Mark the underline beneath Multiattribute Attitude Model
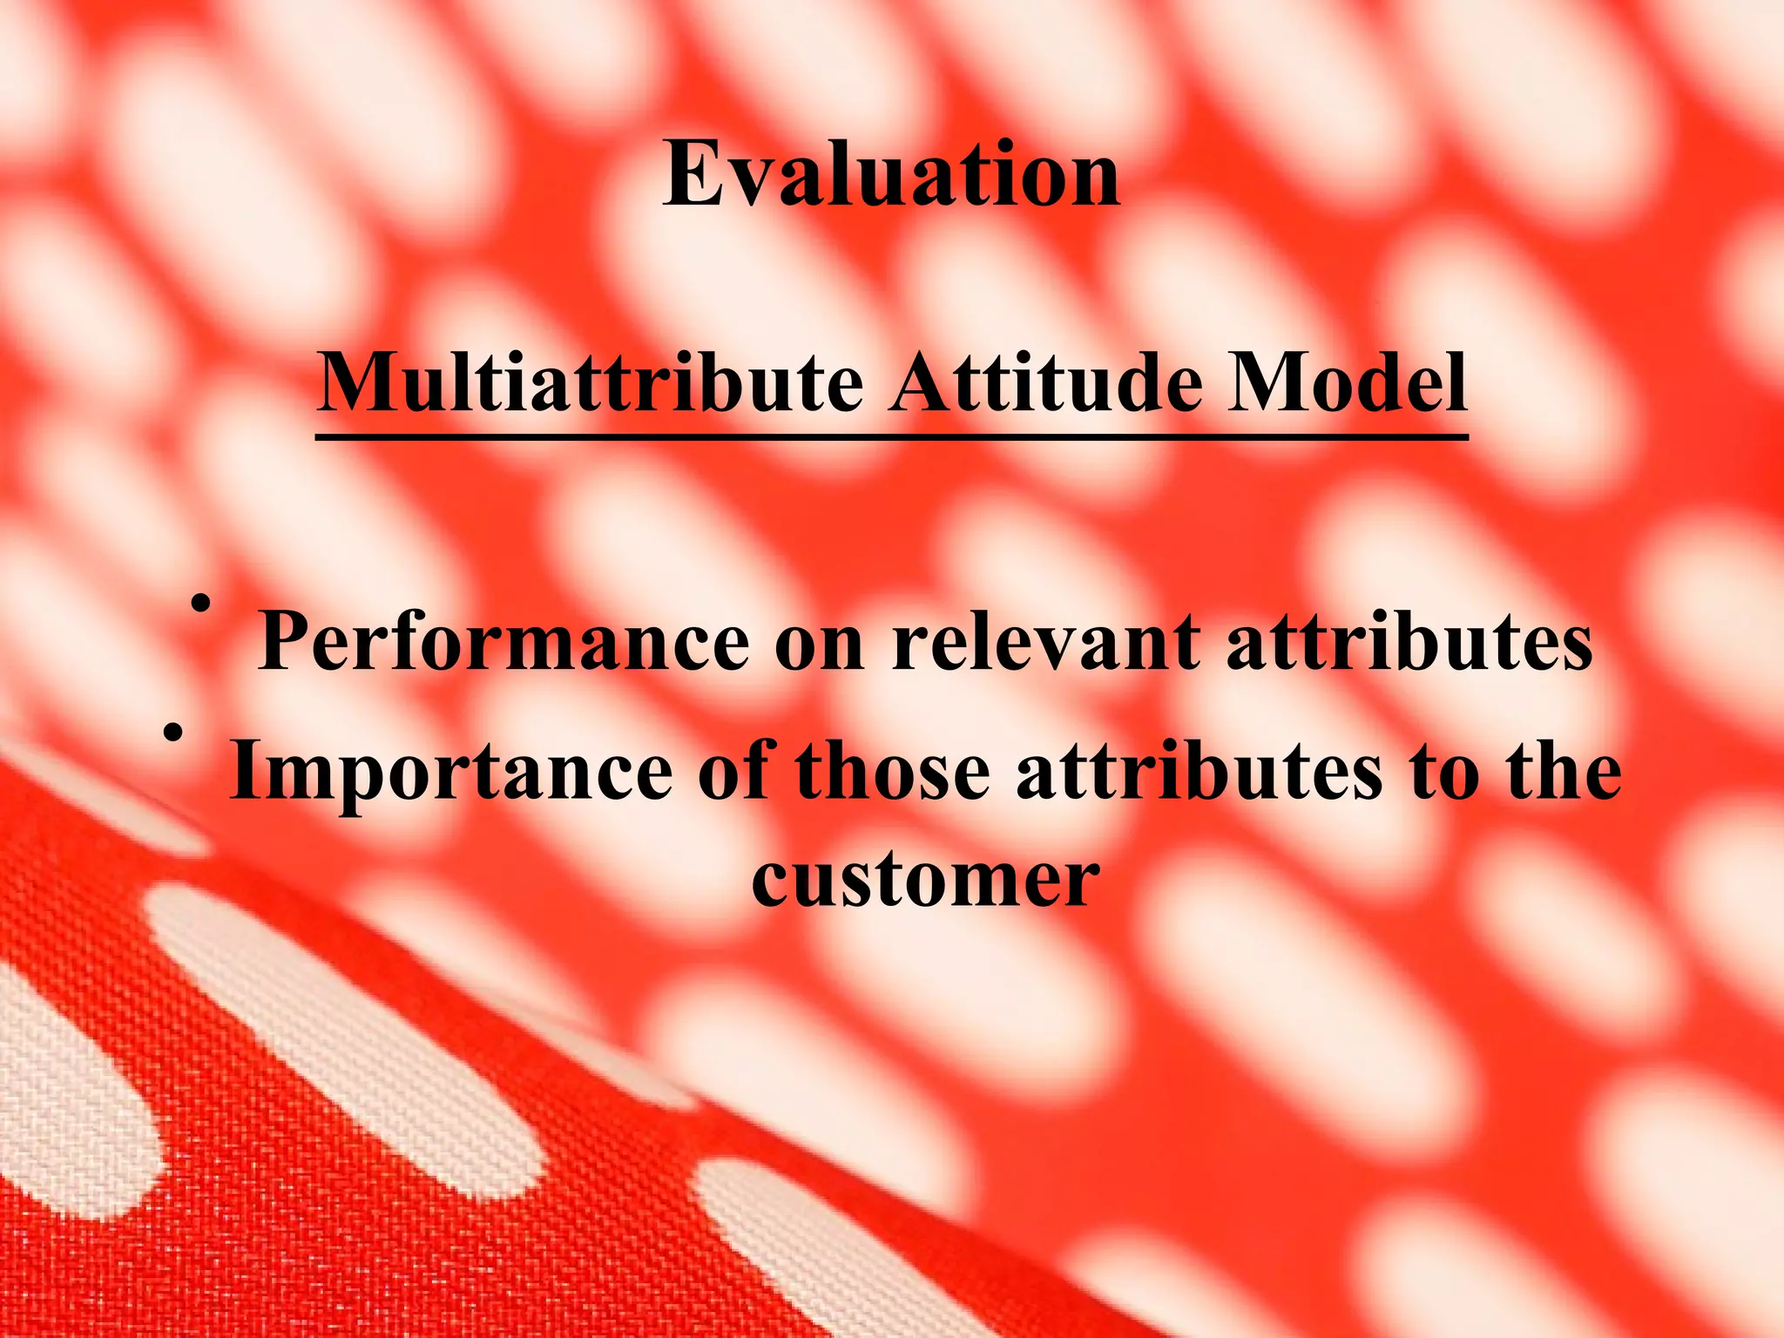click(x=891, y=438)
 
